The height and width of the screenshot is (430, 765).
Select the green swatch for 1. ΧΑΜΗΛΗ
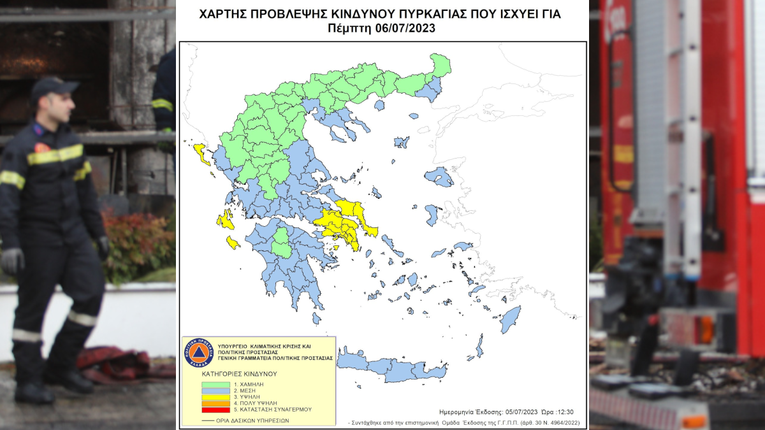click(216, 385)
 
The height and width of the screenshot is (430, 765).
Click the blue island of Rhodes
click(509, 319)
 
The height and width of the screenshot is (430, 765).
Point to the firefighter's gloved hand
click(12, 260)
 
